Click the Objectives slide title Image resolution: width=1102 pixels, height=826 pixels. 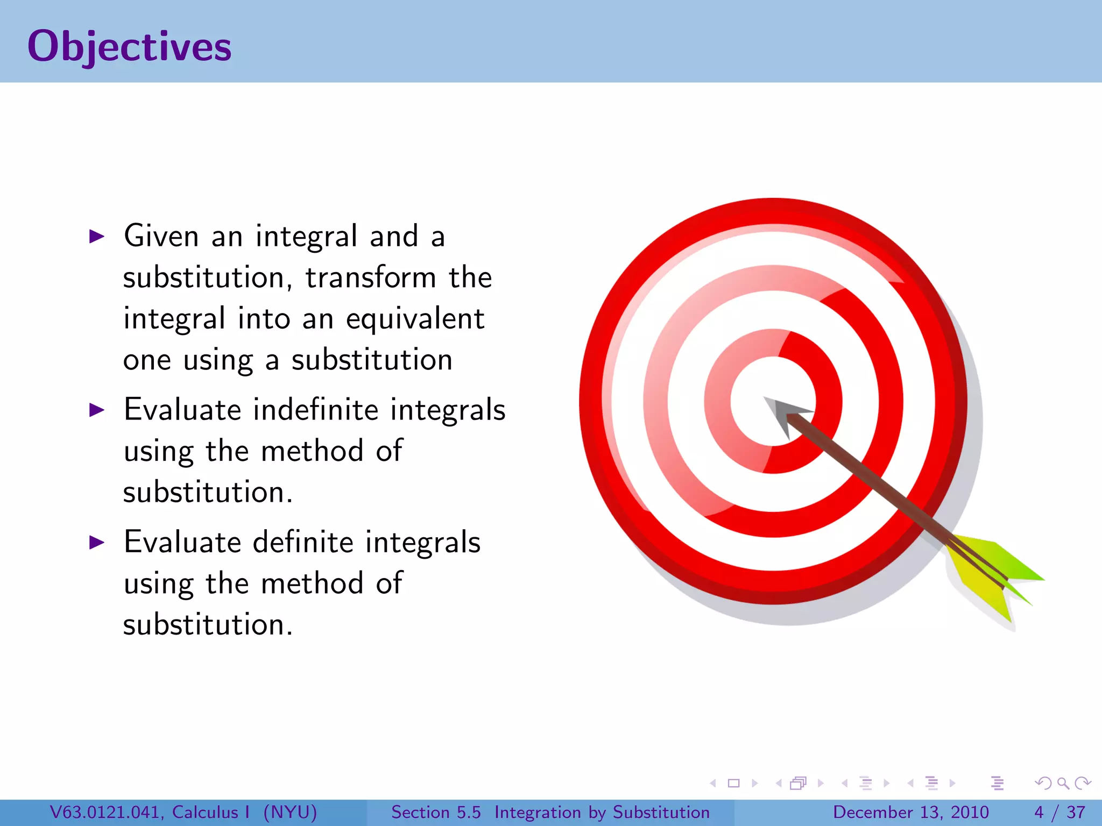click(x=129, y=46)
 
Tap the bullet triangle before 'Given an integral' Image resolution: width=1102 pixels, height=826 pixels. click(x=96, y=236)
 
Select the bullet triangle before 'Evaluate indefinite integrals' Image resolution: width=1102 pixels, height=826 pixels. click(x=96, y=410)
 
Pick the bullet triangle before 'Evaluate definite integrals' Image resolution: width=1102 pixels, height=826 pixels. click(x=96, y=542)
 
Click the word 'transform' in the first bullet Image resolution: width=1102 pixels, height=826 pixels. click(x=371, y=278)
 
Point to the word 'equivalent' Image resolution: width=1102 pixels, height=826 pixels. click(x=415, y=319)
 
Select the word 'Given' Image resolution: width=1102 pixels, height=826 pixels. click(x=161, y=236)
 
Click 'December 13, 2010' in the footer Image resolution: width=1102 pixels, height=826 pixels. click(x=910, y=812)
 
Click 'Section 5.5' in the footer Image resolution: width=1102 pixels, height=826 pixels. click(x=436, y=812)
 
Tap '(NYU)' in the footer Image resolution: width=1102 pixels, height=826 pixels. click(x=290, y=812)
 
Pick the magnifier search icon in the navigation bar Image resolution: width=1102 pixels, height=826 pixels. click(x=1062, y=783)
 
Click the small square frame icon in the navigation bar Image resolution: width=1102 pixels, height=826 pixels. click(x=733, y=783)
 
